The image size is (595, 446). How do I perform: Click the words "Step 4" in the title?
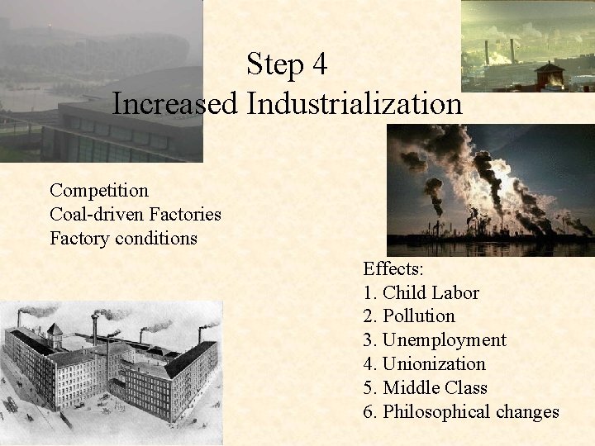coord(288,64)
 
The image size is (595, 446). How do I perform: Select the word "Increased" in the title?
coord(175,103)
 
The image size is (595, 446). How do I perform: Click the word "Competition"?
coord(99,191)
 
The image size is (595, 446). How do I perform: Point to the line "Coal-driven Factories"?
coord(136,215)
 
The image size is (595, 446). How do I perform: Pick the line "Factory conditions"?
coord(123,239)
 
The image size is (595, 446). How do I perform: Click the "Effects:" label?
coord(395,268)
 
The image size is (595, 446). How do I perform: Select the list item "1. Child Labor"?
coord(421,292)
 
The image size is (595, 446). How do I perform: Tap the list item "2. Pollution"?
coord(409,316)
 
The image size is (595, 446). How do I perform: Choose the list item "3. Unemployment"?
coord(435,340)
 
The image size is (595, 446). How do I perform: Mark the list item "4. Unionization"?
coord(424,364)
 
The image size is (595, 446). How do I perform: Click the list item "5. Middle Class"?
coord(425,388)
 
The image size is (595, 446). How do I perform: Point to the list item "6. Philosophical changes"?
coord(461,411)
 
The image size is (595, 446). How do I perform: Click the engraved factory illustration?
coord(111,368)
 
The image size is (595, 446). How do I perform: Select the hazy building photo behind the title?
coord(99,83)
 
